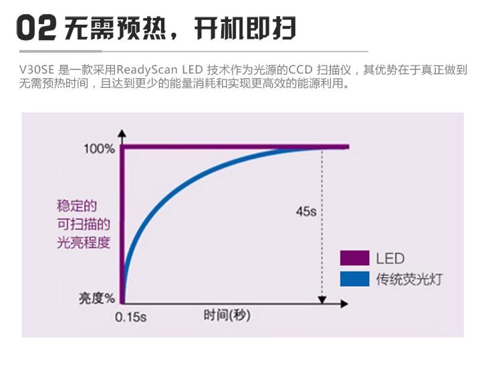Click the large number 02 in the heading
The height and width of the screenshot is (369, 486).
pyautogui.click(x=37, y=29)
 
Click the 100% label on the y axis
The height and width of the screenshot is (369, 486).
pyautogui.click(x=99, y=148)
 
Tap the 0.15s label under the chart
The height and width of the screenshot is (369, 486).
pyautogui.click(x=130, y=317)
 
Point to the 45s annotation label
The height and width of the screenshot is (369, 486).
pyautogui.click(x=306, y=211)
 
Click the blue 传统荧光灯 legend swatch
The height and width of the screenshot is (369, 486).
pyautogui.click(x=354, y=278)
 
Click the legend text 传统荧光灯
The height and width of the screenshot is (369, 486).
pyautogui.click(x=408, y=279)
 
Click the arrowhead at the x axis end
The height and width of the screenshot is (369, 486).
pyautogui.click(x=344, y=303)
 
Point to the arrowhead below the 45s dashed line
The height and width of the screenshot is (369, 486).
pyautogui.click(x=324, y=299)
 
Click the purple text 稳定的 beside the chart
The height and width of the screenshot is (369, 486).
pyautogui.click(x=77, y=206)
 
